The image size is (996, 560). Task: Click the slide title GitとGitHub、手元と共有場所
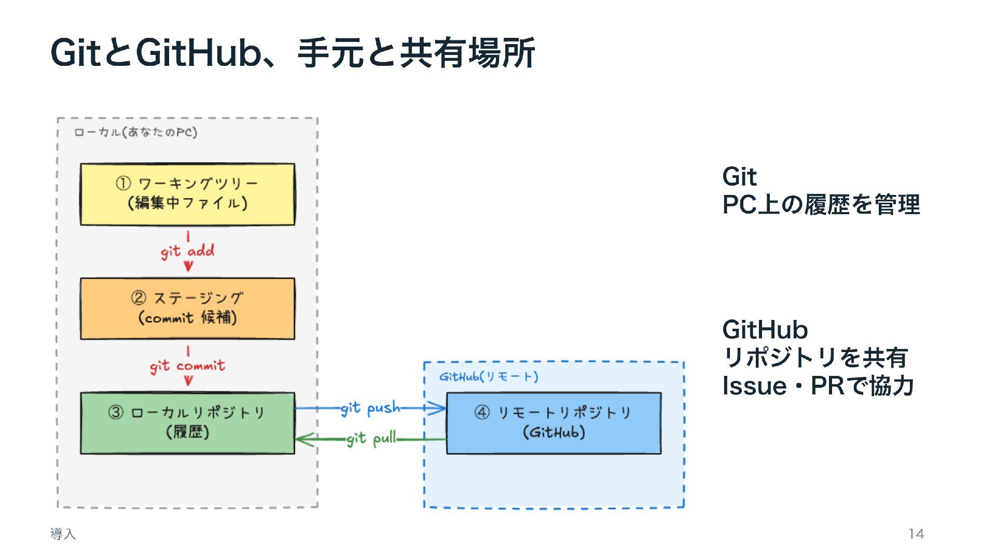(293, 53)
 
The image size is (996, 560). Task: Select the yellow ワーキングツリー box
(187, 194)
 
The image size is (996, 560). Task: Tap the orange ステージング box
(187, 309)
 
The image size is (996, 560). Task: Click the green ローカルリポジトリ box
(187, 423)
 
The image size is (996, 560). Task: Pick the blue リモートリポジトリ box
(554, 423)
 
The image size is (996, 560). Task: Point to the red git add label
(187, 251)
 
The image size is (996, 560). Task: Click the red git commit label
(187, 366)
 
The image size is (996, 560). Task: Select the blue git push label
(370, 409)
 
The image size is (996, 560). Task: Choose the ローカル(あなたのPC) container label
(135, 132)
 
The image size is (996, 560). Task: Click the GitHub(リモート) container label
(489, 376)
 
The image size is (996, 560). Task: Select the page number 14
(916, 534)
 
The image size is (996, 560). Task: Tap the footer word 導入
(63, 534)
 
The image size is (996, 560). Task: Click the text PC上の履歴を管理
(821, 204)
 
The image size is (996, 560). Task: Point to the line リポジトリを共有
(815, 357)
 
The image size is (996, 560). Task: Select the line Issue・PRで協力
(818, 385)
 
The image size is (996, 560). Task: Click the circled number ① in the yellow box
(123, 184)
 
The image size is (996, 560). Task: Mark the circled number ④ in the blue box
(482, 412)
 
